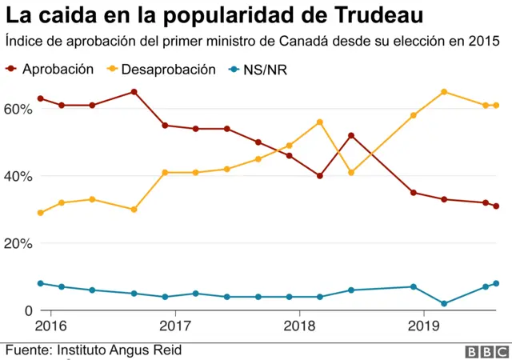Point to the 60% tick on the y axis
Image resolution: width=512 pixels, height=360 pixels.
[19, 109]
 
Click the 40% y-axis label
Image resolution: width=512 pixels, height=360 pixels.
[19, 176]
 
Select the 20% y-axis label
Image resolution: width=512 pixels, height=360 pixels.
[19, 243]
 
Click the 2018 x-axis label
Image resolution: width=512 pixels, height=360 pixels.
[299, 326]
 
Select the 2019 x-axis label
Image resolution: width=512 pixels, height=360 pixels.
[422, 326]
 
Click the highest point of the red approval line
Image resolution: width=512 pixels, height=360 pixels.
[134, 92]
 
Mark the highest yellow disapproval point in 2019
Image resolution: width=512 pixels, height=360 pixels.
[444, 92]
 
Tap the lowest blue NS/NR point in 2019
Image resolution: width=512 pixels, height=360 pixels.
[444, 304]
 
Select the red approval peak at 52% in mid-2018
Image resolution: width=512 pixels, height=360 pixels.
[351, 135]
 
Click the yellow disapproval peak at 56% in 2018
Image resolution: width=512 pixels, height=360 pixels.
[320, 122]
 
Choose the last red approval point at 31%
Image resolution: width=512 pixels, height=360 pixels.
[496, 206]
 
